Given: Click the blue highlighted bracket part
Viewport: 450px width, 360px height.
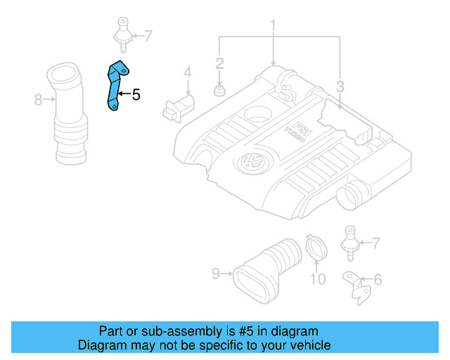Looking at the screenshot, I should (115, 86).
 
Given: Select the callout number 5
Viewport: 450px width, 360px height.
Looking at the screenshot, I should (136, 94).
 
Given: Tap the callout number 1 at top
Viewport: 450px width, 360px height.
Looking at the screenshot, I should (272, 27).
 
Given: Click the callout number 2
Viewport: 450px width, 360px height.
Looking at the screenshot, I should (219, 63).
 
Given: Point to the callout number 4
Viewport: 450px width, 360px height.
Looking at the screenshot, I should (188, 72).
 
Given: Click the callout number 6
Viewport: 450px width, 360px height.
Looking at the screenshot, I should (378, 281).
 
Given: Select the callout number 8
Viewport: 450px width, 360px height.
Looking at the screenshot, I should (39, 100).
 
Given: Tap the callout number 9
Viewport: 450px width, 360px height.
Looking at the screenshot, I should (217, 273).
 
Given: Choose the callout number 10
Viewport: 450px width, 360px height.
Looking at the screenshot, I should (318, 280).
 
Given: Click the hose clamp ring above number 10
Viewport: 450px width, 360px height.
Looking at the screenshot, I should (316, 247).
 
